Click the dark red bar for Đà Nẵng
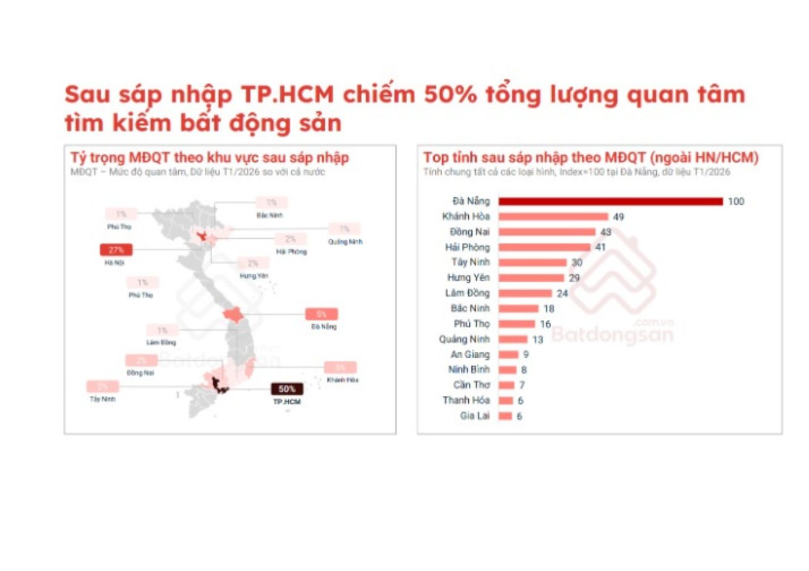[610, 201]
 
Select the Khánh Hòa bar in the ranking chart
[553, 217]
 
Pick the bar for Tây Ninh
[533, 262]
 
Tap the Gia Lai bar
[505, 416]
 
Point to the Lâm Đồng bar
[525, 293]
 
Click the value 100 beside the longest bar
[736, 201]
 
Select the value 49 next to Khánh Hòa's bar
[619, 217]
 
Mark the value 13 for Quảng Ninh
[538, 339]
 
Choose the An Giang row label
[470, 354]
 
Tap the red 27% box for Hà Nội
[116, 251]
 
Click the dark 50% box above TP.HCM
[287, 389]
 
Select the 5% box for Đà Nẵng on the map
[322, 314]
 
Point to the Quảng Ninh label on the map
[345, 242]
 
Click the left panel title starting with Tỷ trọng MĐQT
[209, 158]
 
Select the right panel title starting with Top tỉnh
[591, 158]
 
